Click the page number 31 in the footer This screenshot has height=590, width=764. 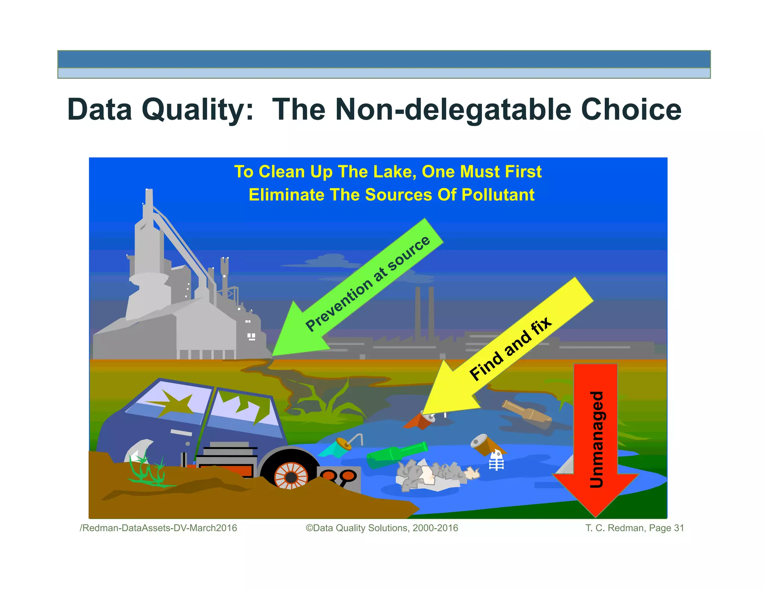point(679,528)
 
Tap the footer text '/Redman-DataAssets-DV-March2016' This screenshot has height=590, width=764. point(158,528)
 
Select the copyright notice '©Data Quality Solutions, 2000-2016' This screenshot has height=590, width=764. point(382,528)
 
